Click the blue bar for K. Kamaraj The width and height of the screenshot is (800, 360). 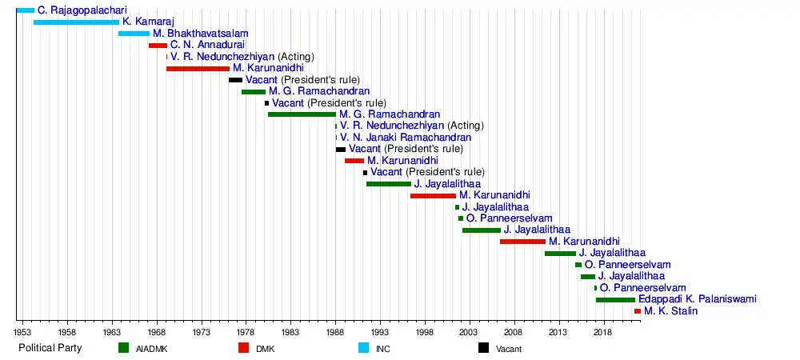[x=77, y=22]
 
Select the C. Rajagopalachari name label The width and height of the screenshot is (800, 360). [x=82, y=10]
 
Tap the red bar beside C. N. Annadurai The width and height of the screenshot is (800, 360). [x=158, y=46]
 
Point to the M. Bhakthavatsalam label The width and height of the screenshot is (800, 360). [x=201, y=34]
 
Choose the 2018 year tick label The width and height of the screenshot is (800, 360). [x=604, y=330]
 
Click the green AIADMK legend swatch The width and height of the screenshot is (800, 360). [x=123, y=348]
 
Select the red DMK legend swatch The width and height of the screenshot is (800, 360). [x=243, y=348]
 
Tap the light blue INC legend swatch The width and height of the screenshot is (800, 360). [x=363, y=348]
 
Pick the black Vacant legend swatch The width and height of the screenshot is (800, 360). [x=484, y=348]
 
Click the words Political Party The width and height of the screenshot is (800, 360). [x=50, y=348]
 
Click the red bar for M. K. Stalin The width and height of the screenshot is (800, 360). [x=638, y=311]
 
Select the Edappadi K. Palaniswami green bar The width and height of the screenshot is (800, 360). [x=615, y=300]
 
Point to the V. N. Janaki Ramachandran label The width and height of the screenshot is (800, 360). [x=406, y=138]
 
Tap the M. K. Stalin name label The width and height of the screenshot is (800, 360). [x=671, y=311]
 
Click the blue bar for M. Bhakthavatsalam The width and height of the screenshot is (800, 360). [x=134, y=34]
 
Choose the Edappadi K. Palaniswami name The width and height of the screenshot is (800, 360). [x=698, y=299]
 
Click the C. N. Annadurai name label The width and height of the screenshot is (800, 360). [x=208, y=45]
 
